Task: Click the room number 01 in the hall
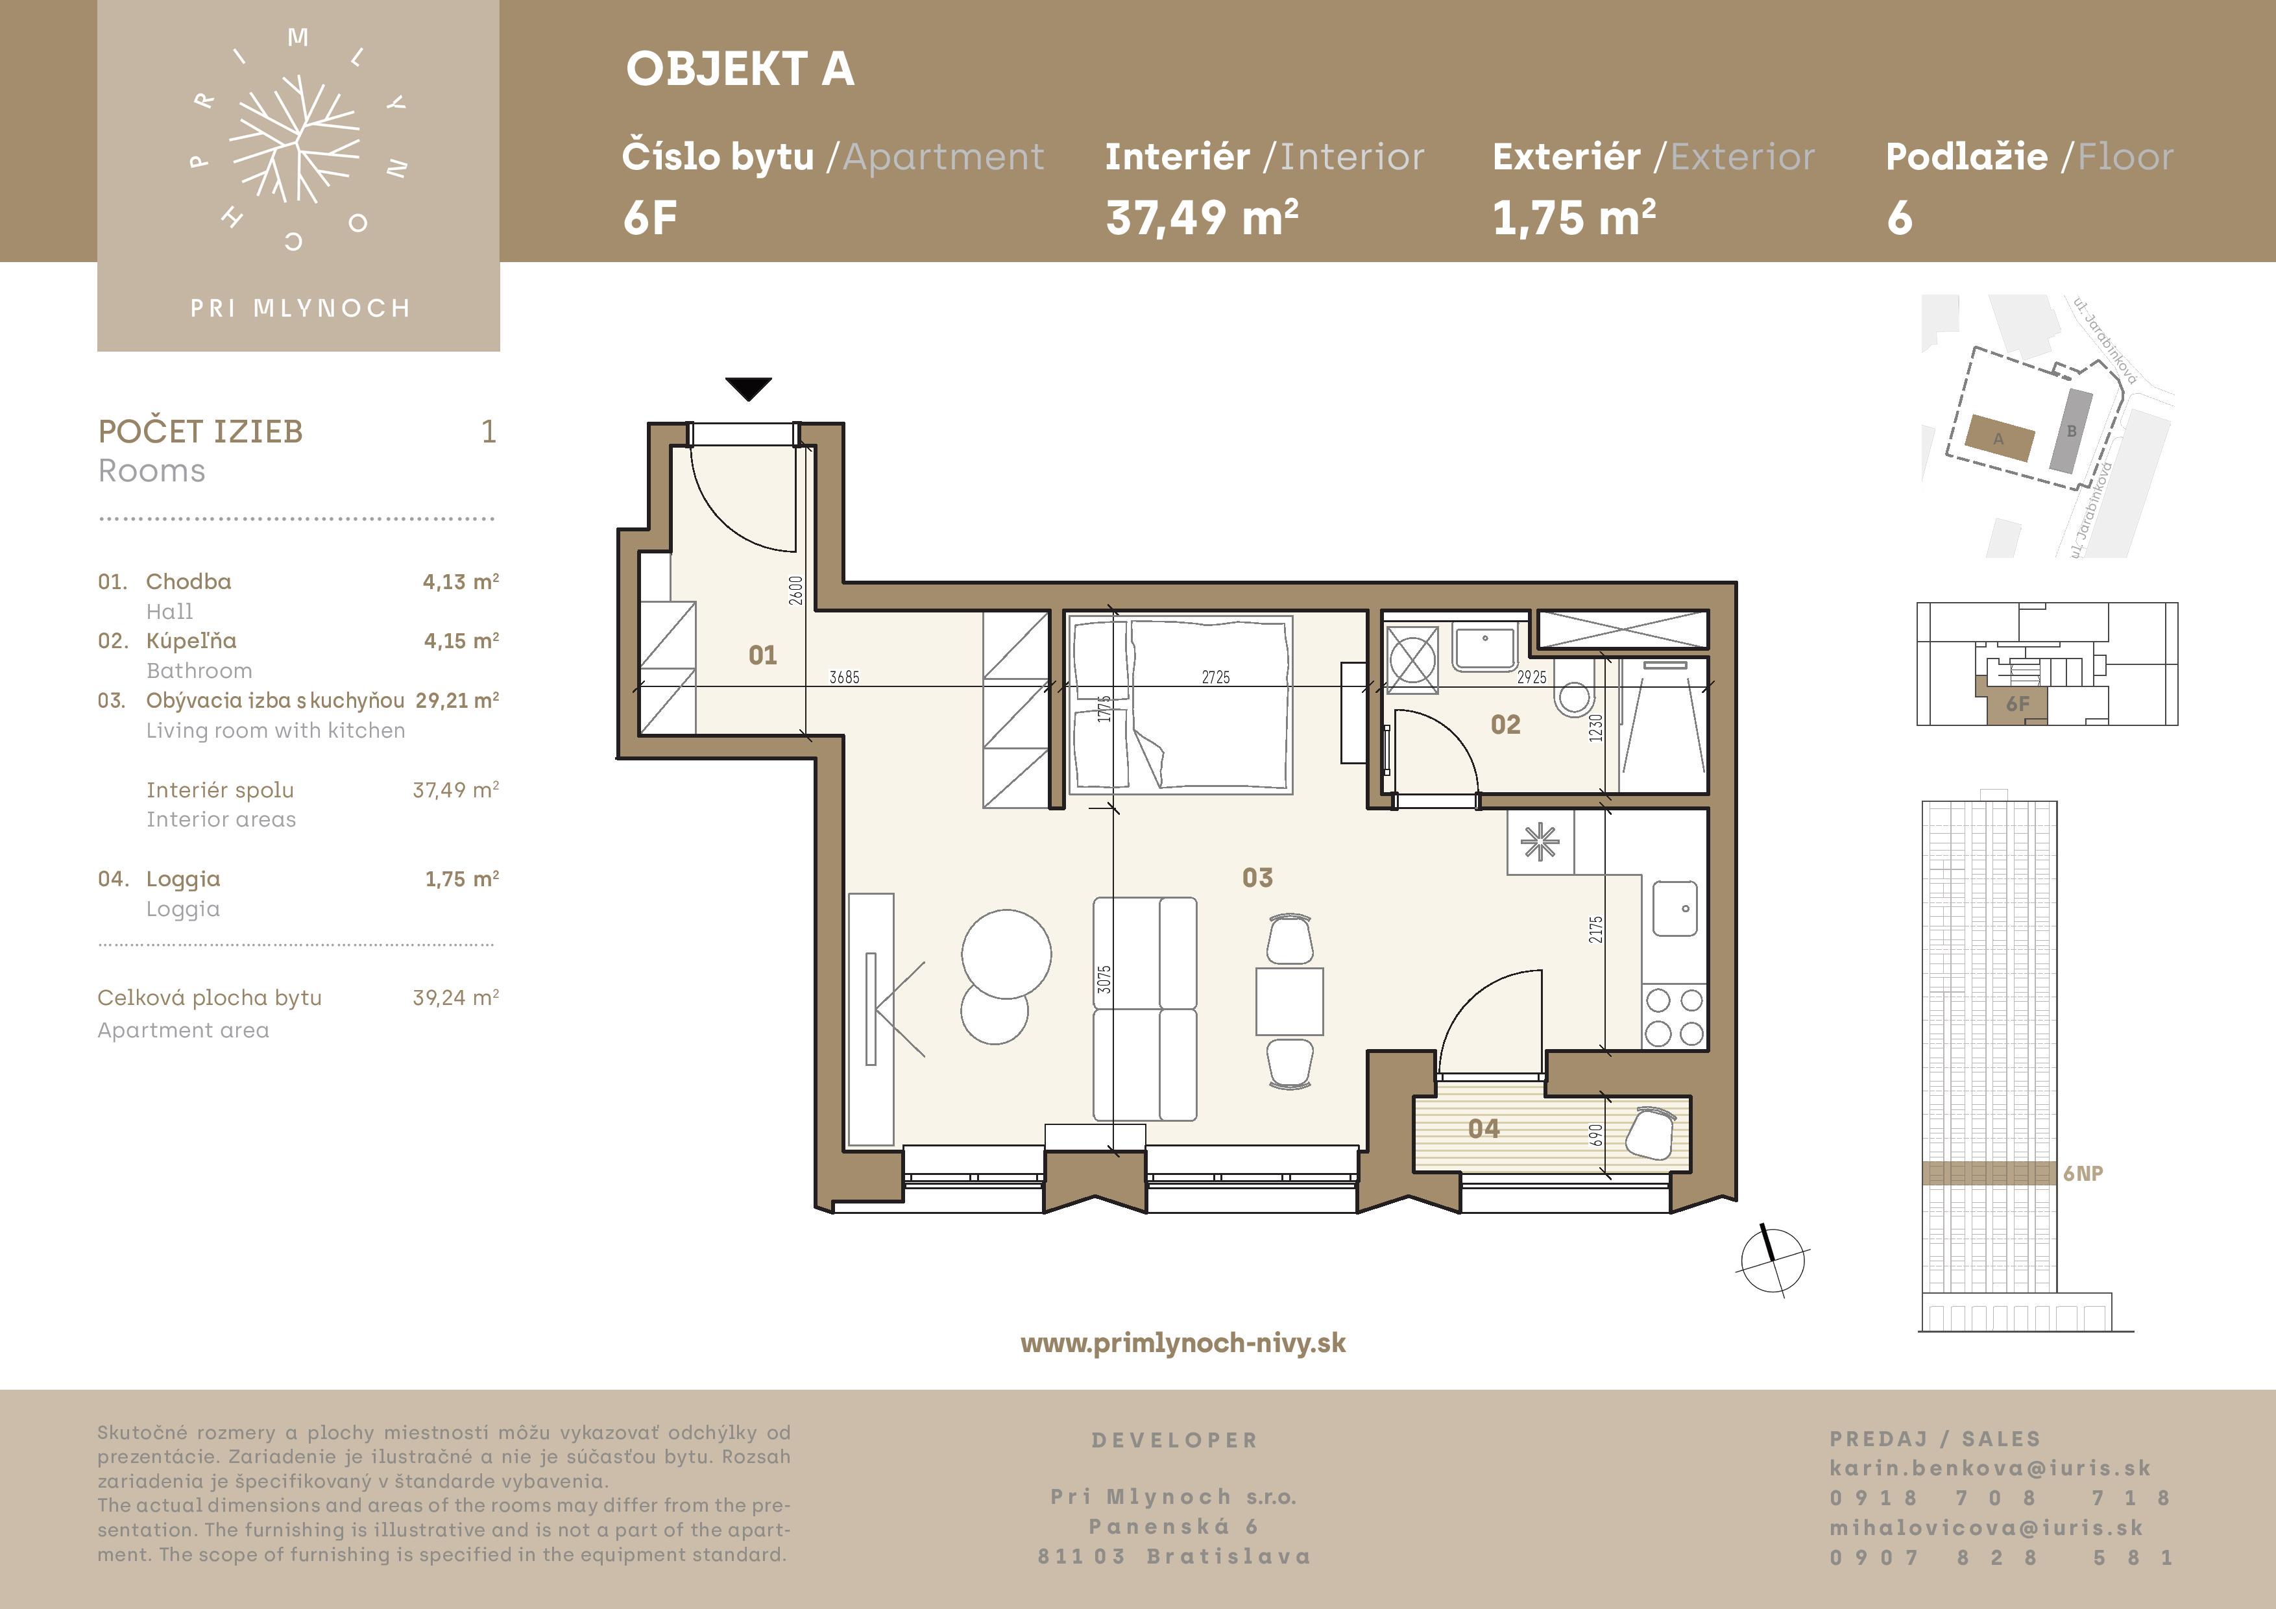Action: pos(762,655)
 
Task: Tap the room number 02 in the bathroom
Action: pos(1505,725)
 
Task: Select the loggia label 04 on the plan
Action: pos(1484,1128)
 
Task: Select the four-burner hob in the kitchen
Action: pos(1675,1016)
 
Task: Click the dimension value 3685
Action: pos(845,677)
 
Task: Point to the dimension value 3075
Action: pos(1104,980)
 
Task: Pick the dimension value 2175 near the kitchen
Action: pos(1595,929)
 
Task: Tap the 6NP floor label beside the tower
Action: pos(2083,1174)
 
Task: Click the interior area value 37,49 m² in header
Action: pos(1202,217)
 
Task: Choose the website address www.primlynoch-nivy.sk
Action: pos(1183,1343)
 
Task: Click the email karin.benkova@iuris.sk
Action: pos(1989,1468)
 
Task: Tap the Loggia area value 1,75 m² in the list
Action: pos(462,878)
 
